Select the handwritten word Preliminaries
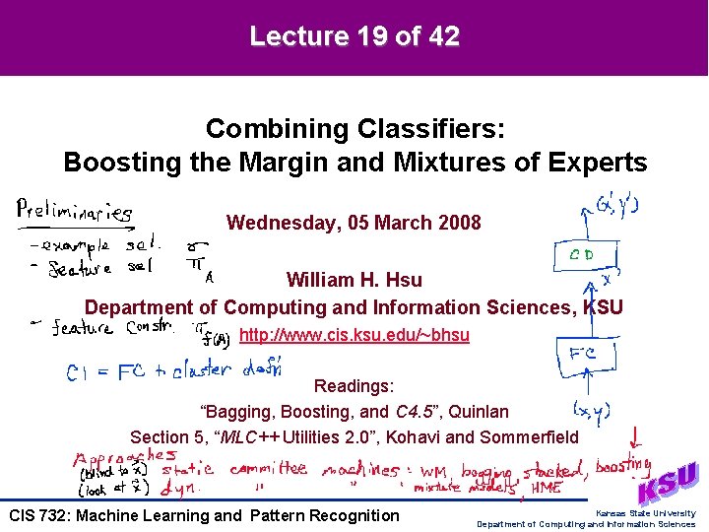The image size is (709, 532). tap(75, 210)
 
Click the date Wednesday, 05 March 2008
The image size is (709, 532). tap(354, 223)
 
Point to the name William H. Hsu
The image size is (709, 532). tap(354, 281)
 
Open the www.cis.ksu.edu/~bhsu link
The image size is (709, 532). tap(354, 335)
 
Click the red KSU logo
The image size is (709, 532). tap(669, 484)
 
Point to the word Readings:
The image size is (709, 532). tap(354, 387)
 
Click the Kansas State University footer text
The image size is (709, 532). tap(645, 513)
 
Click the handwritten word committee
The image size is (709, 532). tap(268, 471)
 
